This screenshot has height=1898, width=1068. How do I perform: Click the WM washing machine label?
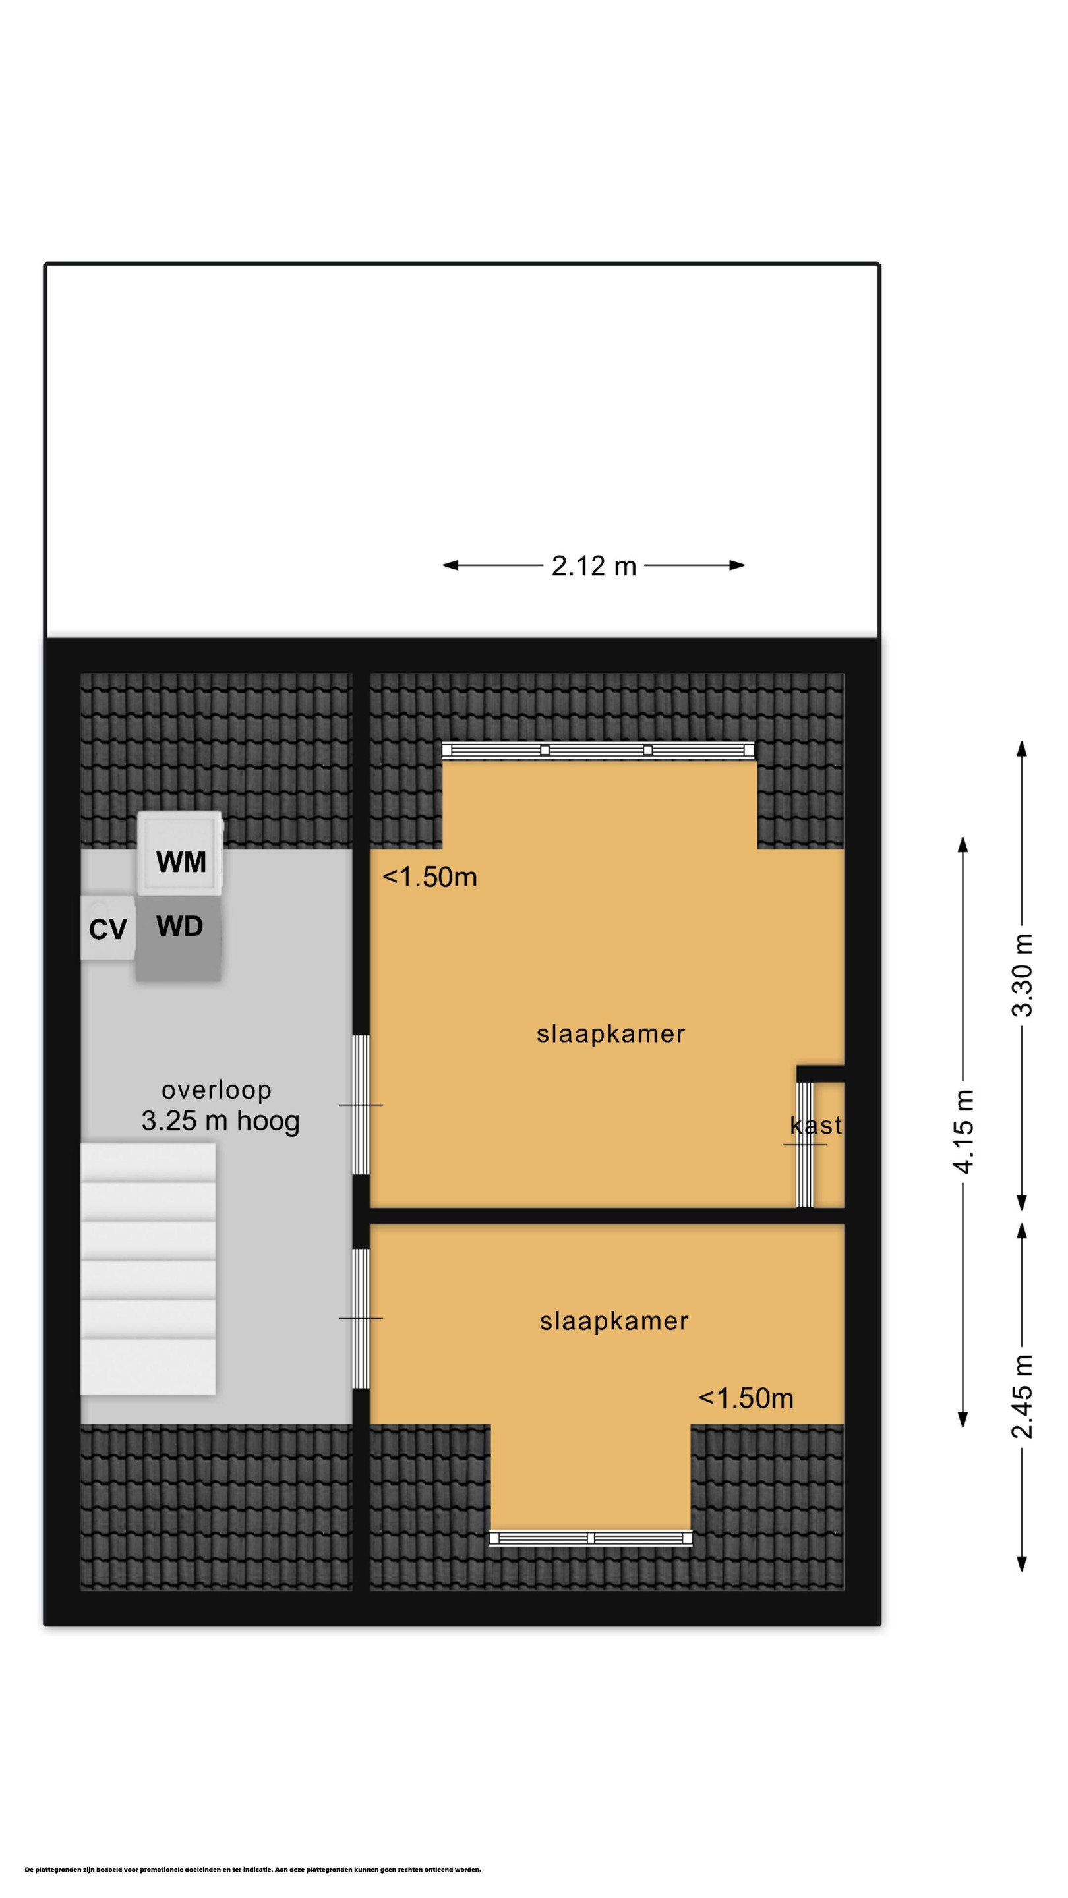tap(181, 861)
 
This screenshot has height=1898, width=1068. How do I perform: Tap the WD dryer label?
tap(180, 926)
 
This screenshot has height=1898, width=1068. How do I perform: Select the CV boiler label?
tap(107, 930)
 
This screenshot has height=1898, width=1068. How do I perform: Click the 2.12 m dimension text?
tap(594, 566)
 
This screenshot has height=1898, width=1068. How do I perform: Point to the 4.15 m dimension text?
tap(963, 1130)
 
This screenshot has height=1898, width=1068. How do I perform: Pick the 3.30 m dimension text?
tap(1023, 975)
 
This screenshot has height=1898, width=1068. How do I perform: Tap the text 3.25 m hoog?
tap(220, 1122)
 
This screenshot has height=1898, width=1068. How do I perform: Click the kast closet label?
tap(816, 1125)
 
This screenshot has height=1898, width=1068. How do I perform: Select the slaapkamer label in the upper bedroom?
tap(611, 1034)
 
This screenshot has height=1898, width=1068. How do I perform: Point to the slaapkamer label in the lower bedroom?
tap(614, 1321)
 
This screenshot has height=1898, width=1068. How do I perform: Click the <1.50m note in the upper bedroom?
tap(430, 877)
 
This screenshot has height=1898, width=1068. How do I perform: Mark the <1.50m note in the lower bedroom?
tap(746, 1398)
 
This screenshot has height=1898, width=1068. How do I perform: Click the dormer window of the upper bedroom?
tap(598, 751)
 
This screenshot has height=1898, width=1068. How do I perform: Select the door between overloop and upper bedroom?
tap(361, 1105)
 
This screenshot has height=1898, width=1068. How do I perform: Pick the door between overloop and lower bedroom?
tap(361, 1319)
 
